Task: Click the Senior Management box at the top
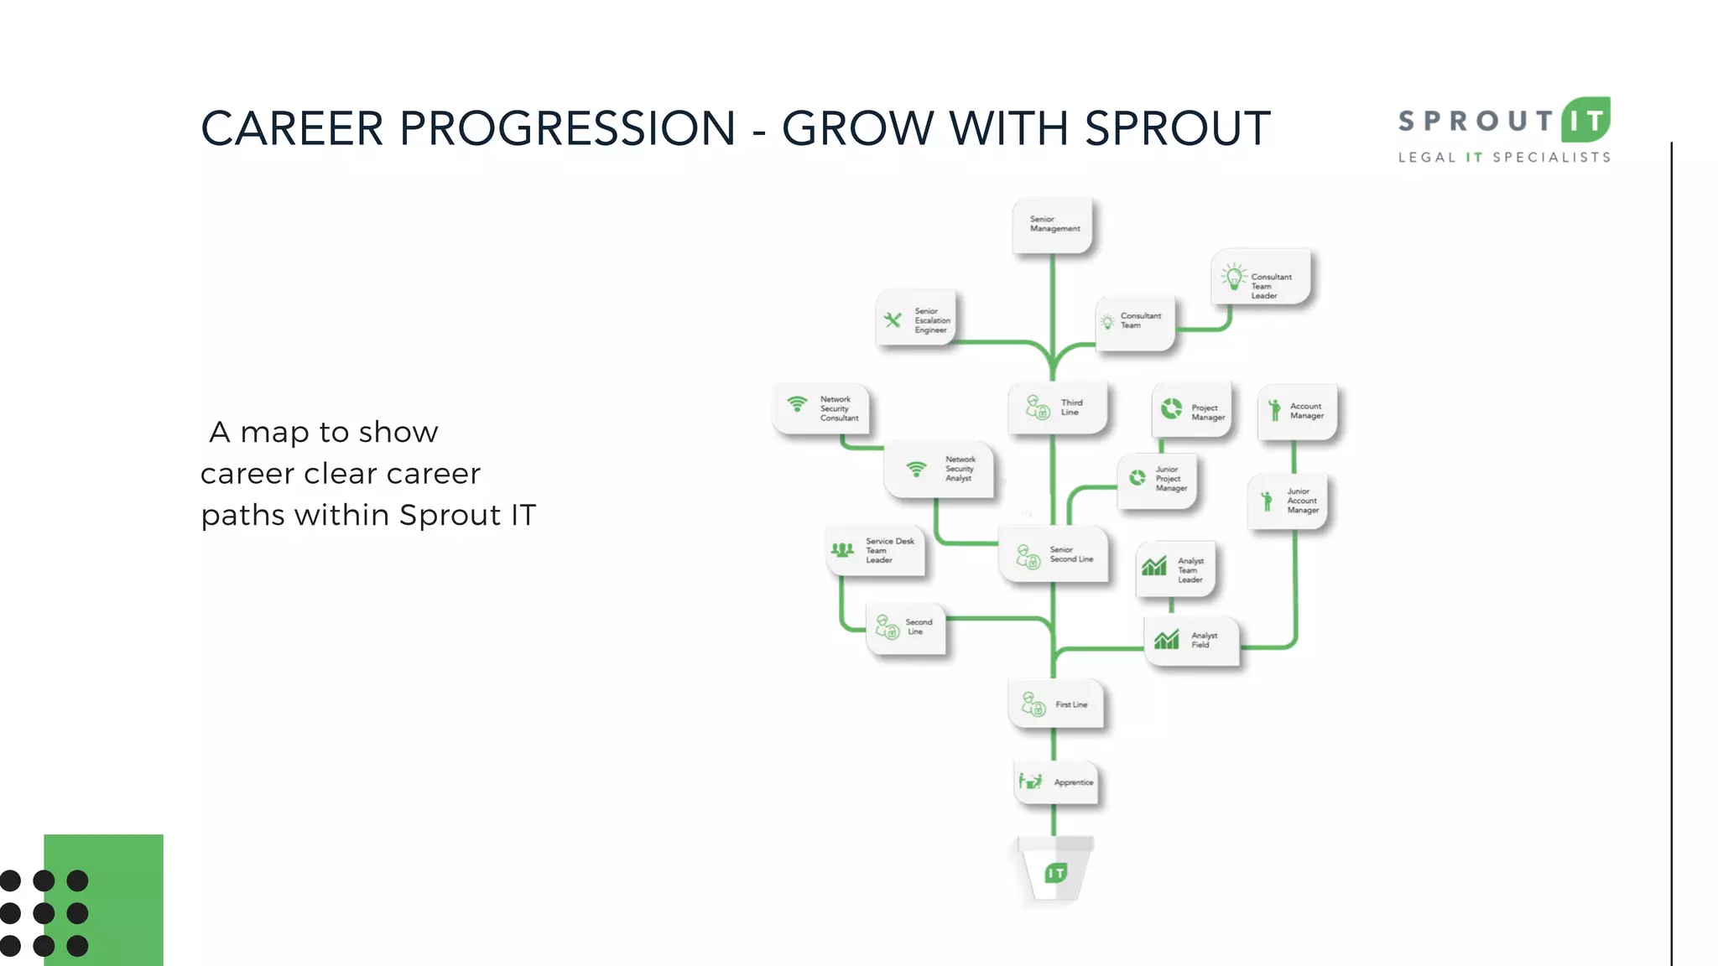1053,225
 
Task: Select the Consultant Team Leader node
1261,278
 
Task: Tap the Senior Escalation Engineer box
916,319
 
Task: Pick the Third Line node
1057,408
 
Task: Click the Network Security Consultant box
821,409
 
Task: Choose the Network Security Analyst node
940,470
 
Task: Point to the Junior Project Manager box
1157,480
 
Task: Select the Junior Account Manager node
1287,501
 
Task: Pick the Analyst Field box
1191,641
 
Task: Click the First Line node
1055,704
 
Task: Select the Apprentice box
1056,782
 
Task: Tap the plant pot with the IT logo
1055,872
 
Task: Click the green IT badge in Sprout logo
1585,121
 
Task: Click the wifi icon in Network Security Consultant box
797,403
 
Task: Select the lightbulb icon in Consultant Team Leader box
1234,277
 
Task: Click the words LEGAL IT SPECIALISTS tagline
1503,158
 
